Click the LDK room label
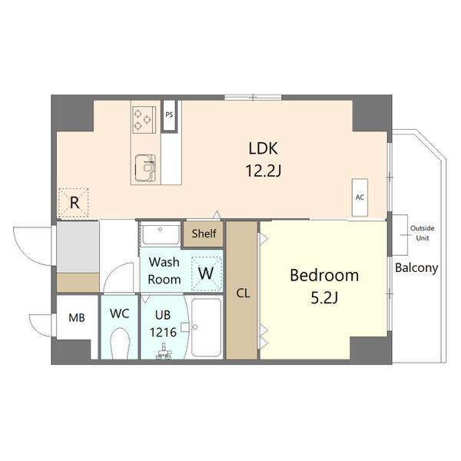pos(263,148)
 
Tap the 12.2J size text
pos(264,171)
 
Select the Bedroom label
pos(324,276)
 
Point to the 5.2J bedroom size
pos(324,298)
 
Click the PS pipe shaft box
pos(169,115)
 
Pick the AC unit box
pos(360,197)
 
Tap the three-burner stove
pos(144,120)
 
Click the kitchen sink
pos(145,167)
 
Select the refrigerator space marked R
pos(74,203)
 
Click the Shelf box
pos(204,234)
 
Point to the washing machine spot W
pos(206,273)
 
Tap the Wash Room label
pos(164,270)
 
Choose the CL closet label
pos(243,294)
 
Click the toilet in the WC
pos(120,343)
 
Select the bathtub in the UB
pos(207,327)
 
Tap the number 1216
pos(163,333)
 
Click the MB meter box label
pos(77,317)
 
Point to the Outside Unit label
pos(422,233)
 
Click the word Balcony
pos(416,268)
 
